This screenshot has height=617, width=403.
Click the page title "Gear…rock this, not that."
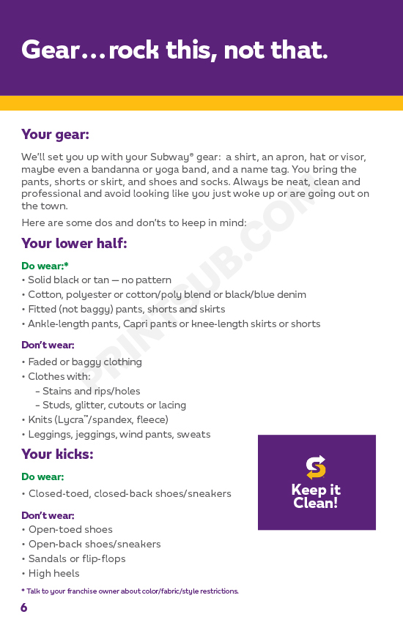point(174,50)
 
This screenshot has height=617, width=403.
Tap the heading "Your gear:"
point(55,135)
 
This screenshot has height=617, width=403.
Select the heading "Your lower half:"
point(74,244)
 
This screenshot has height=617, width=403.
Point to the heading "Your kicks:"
point(57,455)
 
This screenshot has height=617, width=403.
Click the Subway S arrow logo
point(316,467)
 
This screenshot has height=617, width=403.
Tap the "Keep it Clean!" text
point(316,496)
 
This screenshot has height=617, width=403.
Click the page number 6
point(24,607)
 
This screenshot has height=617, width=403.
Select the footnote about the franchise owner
point(130,591)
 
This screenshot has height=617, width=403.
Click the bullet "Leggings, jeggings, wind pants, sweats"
point(119,434)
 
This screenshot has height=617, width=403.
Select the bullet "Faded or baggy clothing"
point(85,362)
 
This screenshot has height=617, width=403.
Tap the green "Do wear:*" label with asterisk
point(45,266)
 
